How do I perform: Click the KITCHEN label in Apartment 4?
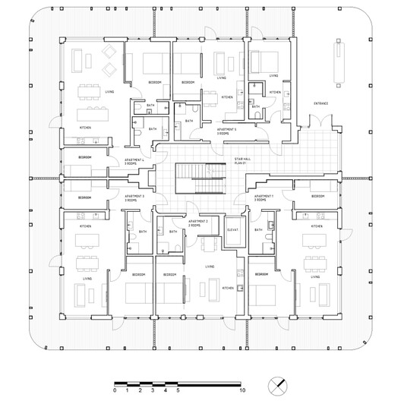pos(86,128)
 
